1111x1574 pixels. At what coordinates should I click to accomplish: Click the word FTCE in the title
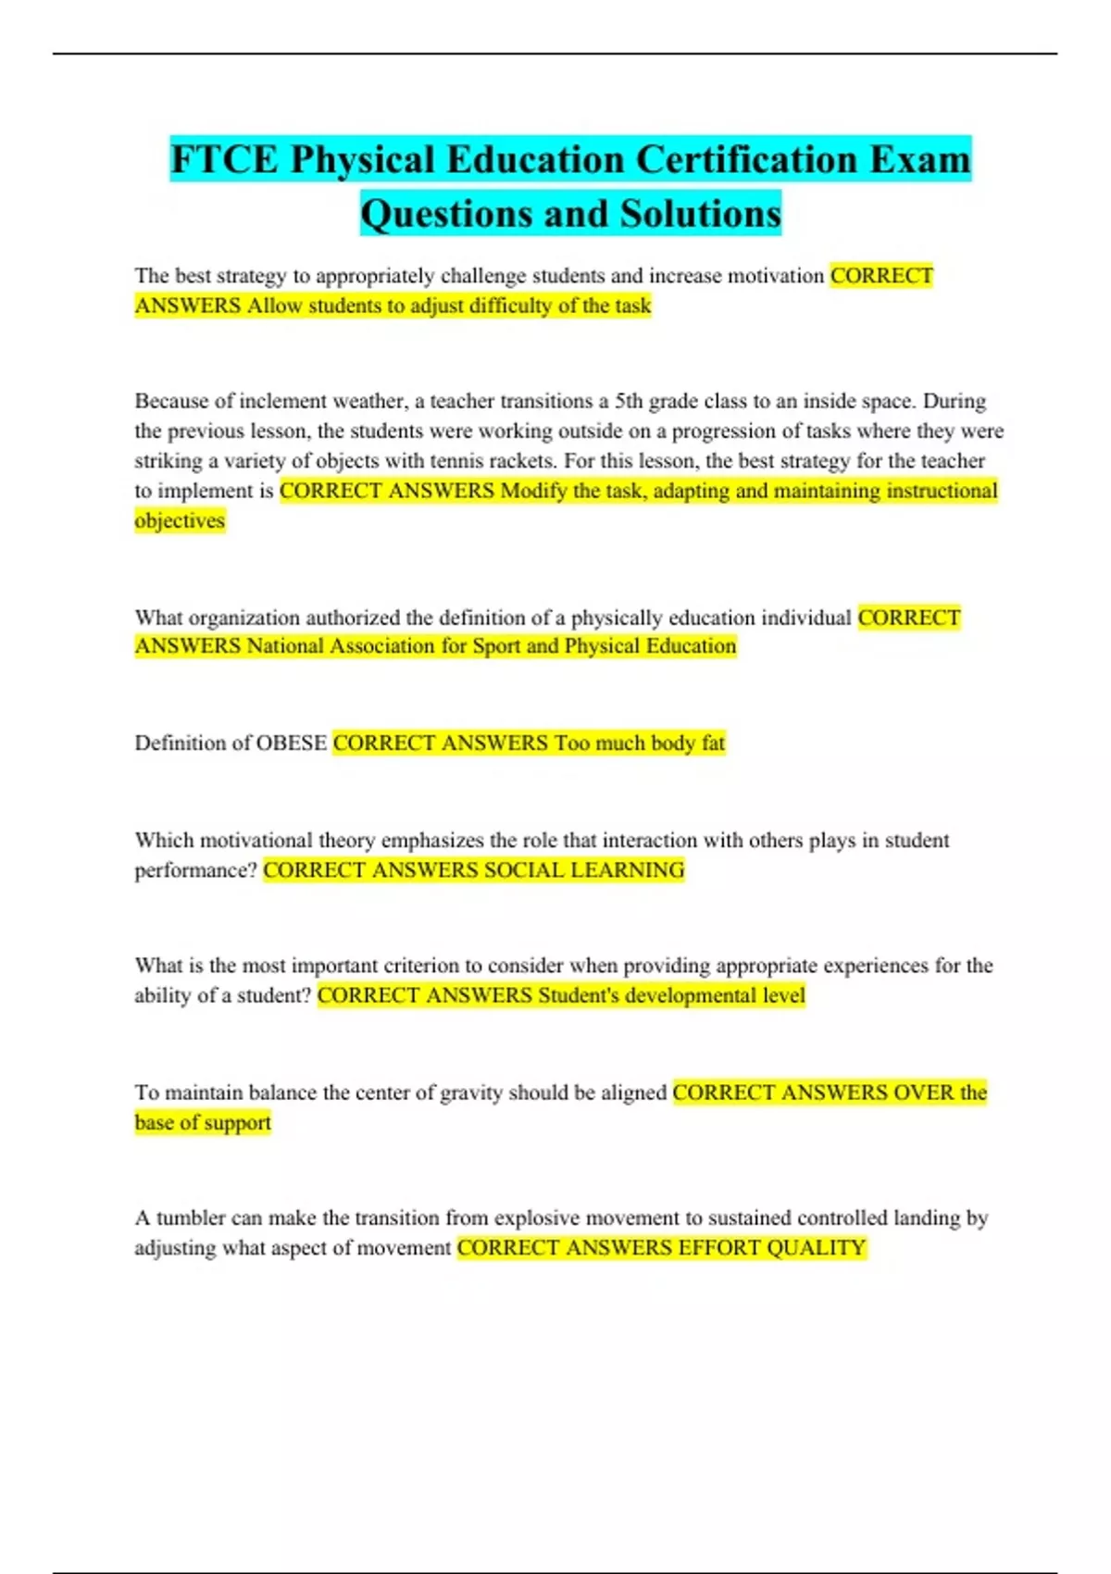pos(223,159)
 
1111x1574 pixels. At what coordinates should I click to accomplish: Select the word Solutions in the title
pos(701,214)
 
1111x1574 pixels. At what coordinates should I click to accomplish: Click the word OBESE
pos(291,743)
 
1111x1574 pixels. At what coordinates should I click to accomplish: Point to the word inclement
pos(282,402)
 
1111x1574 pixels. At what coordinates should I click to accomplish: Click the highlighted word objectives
pos(180,520)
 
